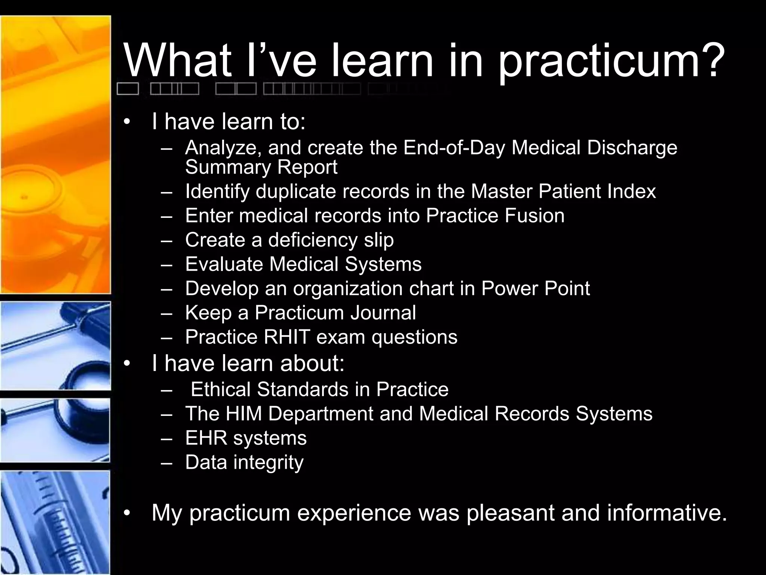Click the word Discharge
[x=632, y=148]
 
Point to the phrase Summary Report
[x=261, y=167]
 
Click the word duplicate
[x=295, y=192]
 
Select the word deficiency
[x=313, y=240]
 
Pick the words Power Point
[x=535, y=289]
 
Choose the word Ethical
[x=220, y=390]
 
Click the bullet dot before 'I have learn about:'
[x=127, y=364]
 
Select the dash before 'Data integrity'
[x=166, y=463]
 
